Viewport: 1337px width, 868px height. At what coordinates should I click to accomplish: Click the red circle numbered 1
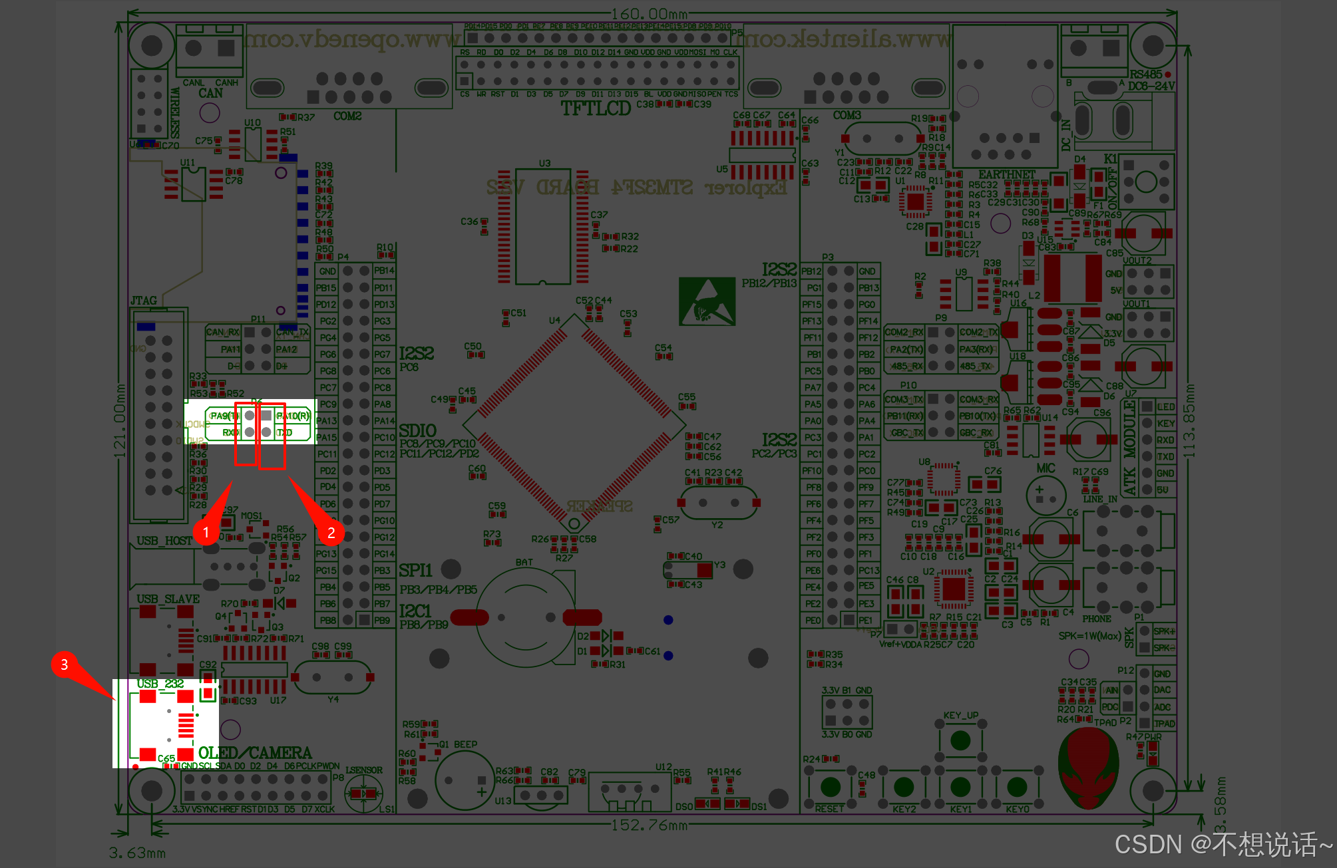click(x=206, y=532)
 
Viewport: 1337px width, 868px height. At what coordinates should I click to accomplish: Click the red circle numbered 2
click(x=331, y=532)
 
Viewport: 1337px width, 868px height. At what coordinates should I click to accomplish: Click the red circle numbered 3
click(x=64, y=664)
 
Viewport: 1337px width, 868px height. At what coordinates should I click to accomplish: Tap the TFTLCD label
click(x=595, y=108)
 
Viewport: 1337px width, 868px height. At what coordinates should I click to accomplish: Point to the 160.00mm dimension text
click(x=649, y=14)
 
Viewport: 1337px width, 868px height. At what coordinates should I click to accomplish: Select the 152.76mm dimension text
click(x=649, y=825)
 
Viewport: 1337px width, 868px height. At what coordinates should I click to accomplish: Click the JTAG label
click(x=144, y=301)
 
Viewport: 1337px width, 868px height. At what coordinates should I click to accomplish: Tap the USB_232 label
click(x=160, y=684)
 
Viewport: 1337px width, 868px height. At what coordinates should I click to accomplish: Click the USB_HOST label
click(x=164, y=541)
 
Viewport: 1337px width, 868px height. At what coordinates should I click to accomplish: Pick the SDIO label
click(x=417, y=431)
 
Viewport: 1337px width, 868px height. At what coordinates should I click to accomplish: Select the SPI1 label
click(x=415, y=571)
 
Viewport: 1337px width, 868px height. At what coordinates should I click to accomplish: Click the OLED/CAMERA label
click(x=255, y=753)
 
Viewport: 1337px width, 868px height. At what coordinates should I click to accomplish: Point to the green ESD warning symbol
click(x=707, y=301)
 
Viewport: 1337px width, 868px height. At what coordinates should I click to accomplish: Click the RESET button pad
click(x=830, y=787)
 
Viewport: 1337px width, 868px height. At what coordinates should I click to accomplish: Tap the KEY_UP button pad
click(x=960, y=740)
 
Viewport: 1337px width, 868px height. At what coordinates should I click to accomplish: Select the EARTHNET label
click(x=1006, y=174)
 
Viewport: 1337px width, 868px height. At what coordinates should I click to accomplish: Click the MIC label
click(x=1046, y=468)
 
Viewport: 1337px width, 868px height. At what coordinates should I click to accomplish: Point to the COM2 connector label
click(x=347, y=116)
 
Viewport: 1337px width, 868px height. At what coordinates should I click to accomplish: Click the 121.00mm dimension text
click(x=120, y=420)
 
